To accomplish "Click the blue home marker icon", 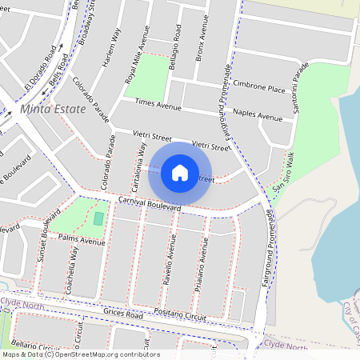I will pos(180,172).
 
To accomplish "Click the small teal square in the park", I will pos(98,218).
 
